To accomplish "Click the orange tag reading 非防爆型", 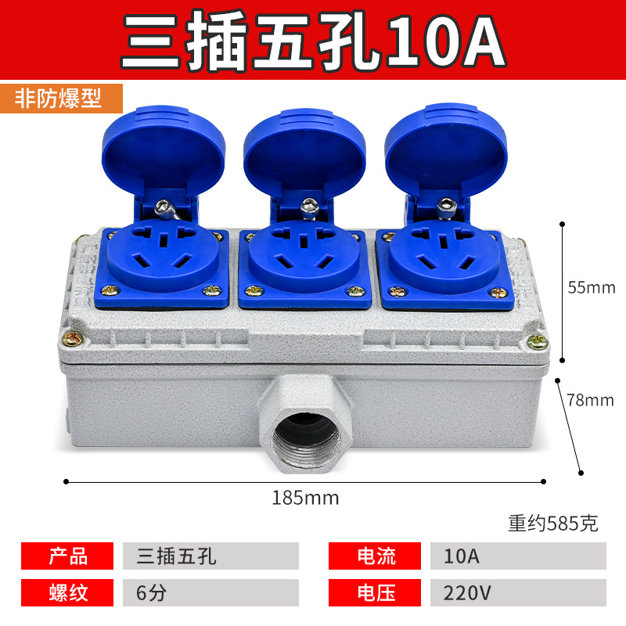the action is [x=61, y=99].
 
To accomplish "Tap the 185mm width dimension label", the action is [x=305, y=498].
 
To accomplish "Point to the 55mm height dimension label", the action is [x=592, y=287].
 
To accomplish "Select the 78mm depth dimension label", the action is [x=590, y=400].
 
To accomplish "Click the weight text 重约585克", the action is [x=553, y=523].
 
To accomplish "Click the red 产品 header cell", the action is [x=67, y=556].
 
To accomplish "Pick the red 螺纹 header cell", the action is [x=67, y=592].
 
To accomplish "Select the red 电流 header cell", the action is [x=375, y=556].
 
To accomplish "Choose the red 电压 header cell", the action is [x=375, y=592].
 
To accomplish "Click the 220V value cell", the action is [x=518, y=592].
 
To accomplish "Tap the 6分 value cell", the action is [x=210, y=592].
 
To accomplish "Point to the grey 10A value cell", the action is [x=518, y=556].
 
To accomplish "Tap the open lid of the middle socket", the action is [x=304, y=153].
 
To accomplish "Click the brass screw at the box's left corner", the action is [x=73, y=340].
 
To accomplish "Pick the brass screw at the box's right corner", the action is [x=538, y=342].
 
